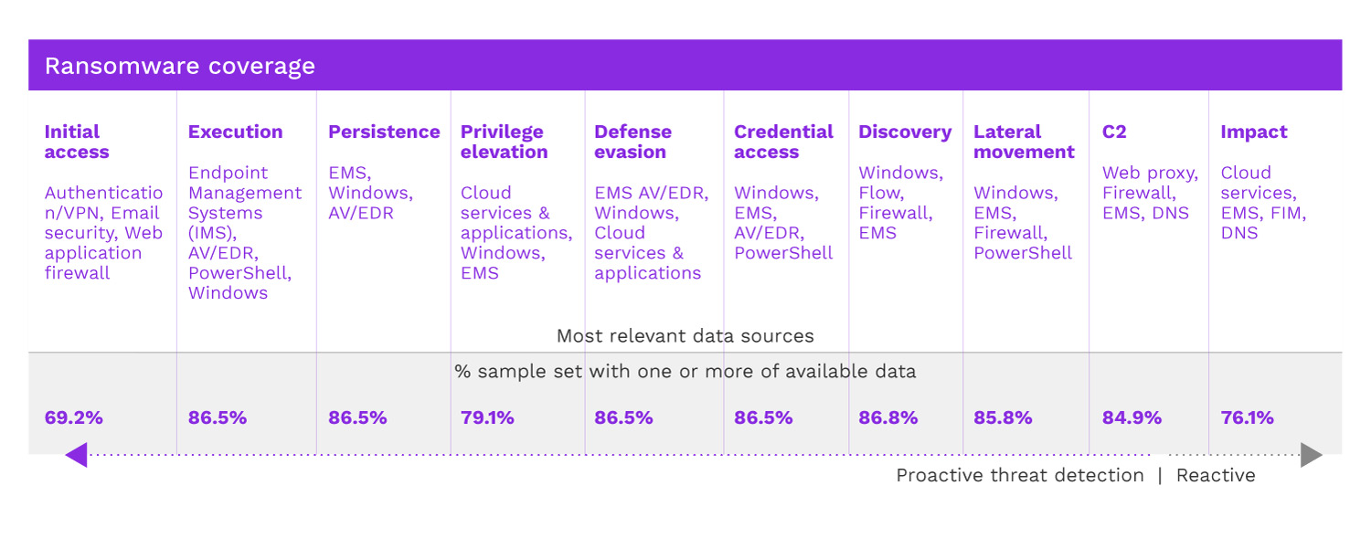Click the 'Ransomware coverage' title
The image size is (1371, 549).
[x=180, y=66]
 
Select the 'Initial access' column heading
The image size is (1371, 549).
[x=77, y=142]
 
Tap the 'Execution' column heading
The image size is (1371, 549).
[x=236, y=132]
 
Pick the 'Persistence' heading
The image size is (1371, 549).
[x=384, y=132]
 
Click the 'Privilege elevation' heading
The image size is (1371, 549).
[x=504, y=142]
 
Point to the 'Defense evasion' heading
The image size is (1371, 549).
[x=632, y=142]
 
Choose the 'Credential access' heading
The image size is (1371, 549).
[x=783, y=142]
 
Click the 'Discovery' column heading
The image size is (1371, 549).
[x=905, y=132]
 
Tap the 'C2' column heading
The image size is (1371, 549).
[x=1114, y=132]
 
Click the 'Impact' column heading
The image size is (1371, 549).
[x=1254, y=132]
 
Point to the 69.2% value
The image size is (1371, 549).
[x=74, y=417]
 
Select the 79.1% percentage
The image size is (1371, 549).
[x=487, y=417]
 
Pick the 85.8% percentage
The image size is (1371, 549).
[x=1003, y=417]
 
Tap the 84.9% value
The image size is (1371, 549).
[x=1132, y=417]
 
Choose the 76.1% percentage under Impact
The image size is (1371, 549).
[x=1247, y=417]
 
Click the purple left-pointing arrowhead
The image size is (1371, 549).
[x=76, y=454]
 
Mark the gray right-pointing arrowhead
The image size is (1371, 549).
[x=1312, y=454]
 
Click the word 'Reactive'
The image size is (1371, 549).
[x=1216, y=475]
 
